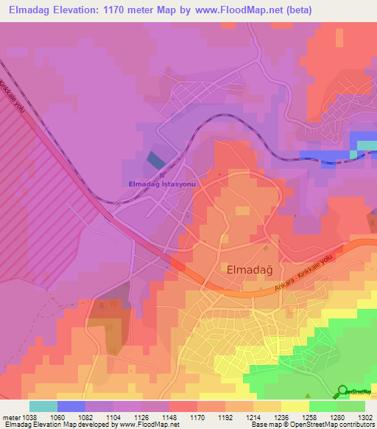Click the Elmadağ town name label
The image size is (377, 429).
(247, 269)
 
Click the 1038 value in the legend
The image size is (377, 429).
(29, 416)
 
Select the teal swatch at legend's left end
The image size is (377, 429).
(43, 405)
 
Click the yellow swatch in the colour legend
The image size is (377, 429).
(295, 405)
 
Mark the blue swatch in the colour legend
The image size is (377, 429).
(71, 405)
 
